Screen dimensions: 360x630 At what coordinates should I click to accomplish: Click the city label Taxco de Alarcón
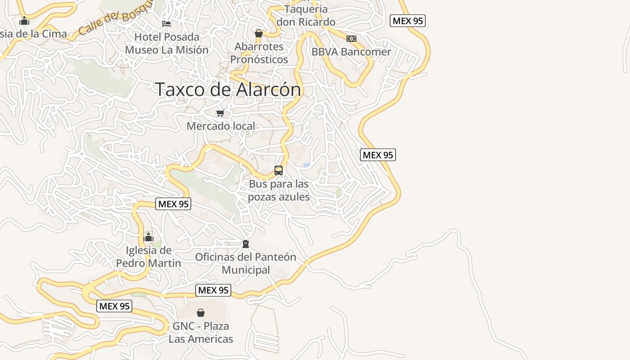point(228,89)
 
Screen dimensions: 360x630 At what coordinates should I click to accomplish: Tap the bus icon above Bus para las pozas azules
point(279,171)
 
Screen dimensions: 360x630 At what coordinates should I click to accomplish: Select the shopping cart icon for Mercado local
point(220,113)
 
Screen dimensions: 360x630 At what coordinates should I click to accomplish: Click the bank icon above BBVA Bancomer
point(351,39)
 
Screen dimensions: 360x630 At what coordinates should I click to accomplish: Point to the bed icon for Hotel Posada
point(166,23)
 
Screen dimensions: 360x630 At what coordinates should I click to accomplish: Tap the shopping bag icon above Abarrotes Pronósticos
point(259,33)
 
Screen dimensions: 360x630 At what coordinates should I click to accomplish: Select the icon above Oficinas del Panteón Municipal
point(246,244)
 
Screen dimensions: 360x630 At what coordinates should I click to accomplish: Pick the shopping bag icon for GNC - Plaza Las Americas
point(201,312)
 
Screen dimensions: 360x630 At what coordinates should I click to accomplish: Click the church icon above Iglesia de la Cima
point(24,21)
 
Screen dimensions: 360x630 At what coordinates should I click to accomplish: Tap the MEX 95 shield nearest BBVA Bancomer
point(408,21)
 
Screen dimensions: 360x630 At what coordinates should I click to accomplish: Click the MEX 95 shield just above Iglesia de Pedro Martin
point(173,204)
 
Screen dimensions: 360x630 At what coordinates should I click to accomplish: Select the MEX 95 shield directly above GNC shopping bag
point(213,290)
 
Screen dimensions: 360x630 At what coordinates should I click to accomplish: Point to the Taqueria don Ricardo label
point(306,15)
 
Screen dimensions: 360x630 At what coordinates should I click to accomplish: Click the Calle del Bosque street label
point(115,20)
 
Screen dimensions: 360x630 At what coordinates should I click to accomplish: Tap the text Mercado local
point(220,126)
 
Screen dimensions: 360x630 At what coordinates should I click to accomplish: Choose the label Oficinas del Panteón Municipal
point(246,263)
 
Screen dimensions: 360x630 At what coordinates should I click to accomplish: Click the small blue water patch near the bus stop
point(306,165)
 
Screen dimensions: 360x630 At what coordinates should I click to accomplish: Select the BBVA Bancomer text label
point(351,52)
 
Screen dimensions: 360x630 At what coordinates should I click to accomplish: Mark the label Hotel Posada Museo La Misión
point(166,43)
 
